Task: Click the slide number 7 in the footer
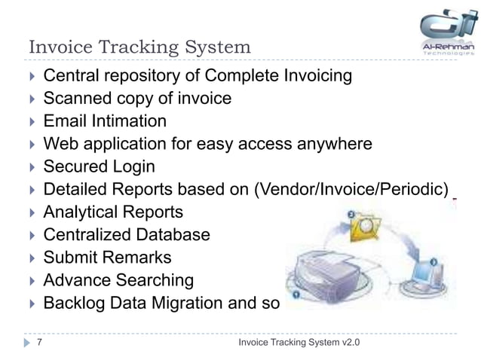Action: (38, 344)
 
